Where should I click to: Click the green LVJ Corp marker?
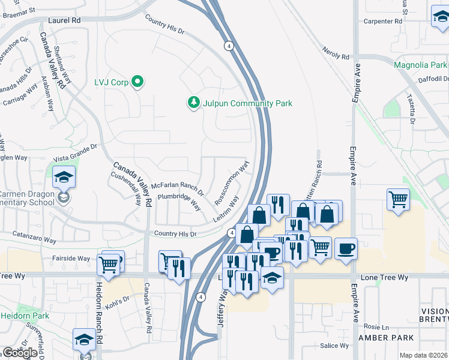coord(137,82)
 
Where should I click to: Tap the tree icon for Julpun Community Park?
coord(193,103)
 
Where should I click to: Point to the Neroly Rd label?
coord(336,53)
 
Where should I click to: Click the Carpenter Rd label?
coord(382,21)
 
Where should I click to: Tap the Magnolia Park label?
coord(420,65)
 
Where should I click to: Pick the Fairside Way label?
coord(71,258)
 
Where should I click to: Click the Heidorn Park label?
coord(24,315)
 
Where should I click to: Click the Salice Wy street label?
coord(334,346)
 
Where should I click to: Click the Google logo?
coord(20,353)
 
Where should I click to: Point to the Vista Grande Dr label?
coord(75,152)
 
